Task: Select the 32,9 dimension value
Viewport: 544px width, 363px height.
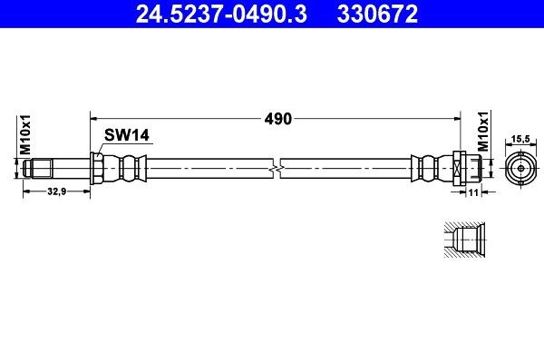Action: (x=57, y=192)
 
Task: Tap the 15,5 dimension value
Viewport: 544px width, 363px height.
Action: (x=520, y=139)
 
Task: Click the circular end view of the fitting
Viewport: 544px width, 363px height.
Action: (x=520, y=169)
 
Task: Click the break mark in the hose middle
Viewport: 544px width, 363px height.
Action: (x=277, y=169)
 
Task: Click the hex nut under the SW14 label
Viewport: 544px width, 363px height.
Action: (x=96, y=169)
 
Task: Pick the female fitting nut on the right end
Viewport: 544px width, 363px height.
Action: (x=459, y=169)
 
